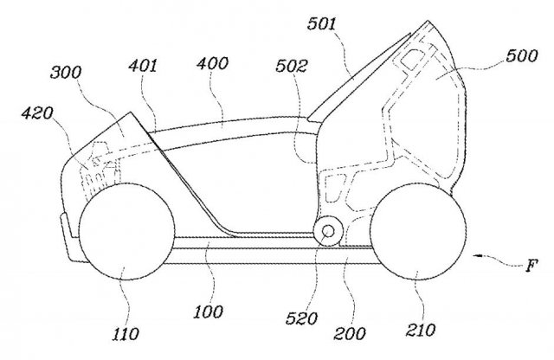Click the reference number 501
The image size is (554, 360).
(x=321, y=24)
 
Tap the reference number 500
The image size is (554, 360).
(x=521, y=56)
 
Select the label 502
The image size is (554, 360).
(x=292, y=66)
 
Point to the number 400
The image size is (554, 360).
(x=212, y=63)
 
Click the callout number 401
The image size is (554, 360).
(x=143, y=66)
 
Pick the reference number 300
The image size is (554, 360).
(x=66, y=72)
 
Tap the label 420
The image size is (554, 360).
(x=37, y=113)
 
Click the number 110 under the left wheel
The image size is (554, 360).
(x=126, y=334)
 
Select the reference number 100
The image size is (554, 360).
(x=208, y=312)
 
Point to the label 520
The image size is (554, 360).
(x=301, y=318)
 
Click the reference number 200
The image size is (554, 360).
(x=350, y=333)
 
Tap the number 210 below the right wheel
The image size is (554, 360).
(x=420, y=331)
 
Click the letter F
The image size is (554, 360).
(x=531, y=266)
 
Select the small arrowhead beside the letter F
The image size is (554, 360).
(x=477, y=256)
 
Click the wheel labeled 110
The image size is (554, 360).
(x=126, y=232)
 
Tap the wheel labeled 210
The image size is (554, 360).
(x=418, y=231)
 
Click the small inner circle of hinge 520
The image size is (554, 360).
(x=328, y=231)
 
